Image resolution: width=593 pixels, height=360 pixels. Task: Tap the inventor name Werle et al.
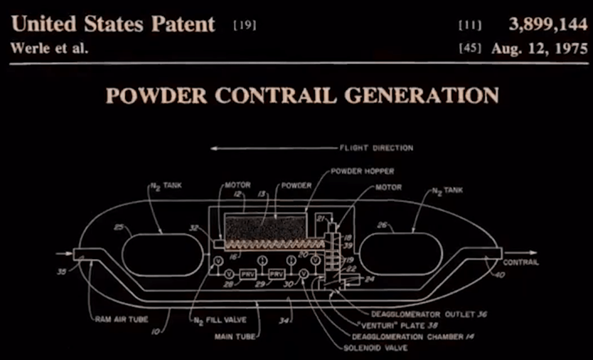point(50,49)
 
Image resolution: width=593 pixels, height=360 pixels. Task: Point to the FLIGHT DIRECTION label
point(377,148)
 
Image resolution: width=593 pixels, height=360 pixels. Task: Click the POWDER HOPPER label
point(362,171)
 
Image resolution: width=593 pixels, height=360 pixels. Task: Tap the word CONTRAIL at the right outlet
point(521,262)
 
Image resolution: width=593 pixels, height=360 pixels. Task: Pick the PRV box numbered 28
point(248,275)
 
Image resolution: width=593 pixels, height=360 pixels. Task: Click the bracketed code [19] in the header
point(244,25)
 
